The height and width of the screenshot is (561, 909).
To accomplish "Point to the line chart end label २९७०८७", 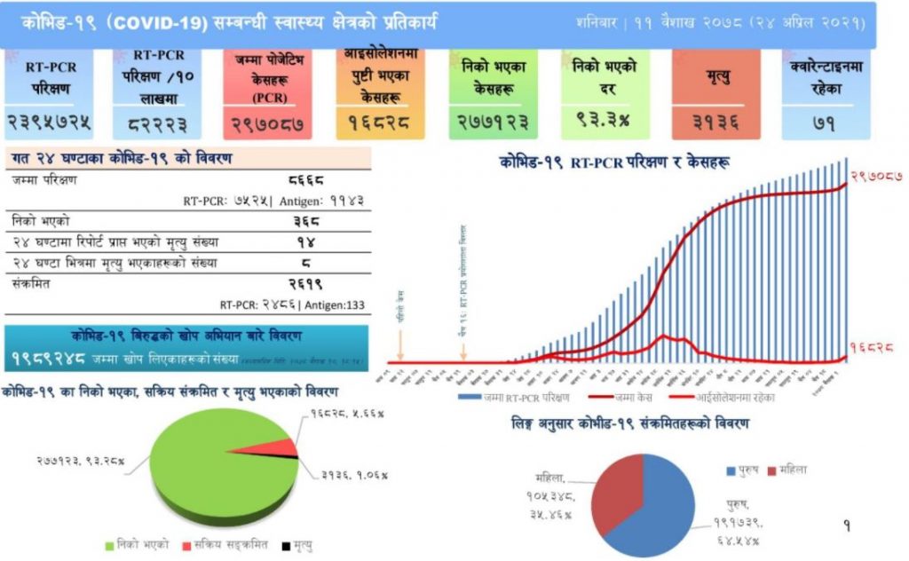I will pyautogui.click(x=876, y=177).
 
